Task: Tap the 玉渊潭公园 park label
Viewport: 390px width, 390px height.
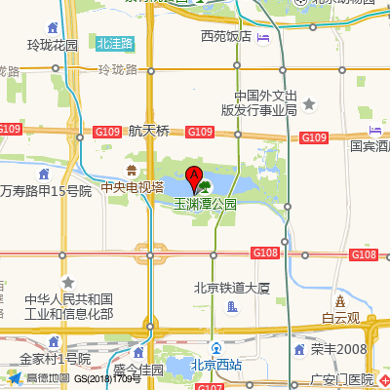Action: (205, 206)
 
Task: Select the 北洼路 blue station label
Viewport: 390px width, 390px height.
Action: (116, 43)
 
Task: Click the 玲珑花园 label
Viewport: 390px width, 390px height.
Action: (52, 45)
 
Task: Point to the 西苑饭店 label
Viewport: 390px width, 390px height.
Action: (226, 37)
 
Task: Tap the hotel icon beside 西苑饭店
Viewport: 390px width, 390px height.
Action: (262, 37)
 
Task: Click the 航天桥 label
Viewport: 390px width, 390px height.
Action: (148, 131)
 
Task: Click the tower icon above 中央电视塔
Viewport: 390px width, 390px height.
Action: (132, 171)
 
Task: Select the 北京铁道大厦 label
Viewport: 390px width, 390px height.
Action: (231, 288)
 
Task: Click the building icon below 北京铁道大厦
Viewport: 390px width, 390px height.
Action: (232, 308)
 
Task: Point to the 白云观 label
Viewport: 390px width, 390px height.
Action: (340, 318)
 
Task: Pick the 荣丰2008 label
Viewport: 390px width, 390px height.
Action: (338, 349)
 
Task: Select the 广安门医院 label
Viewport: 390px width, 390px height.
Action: (340, 379)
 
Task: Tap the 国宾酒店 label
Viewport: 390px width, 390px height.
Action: (370, 147)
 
